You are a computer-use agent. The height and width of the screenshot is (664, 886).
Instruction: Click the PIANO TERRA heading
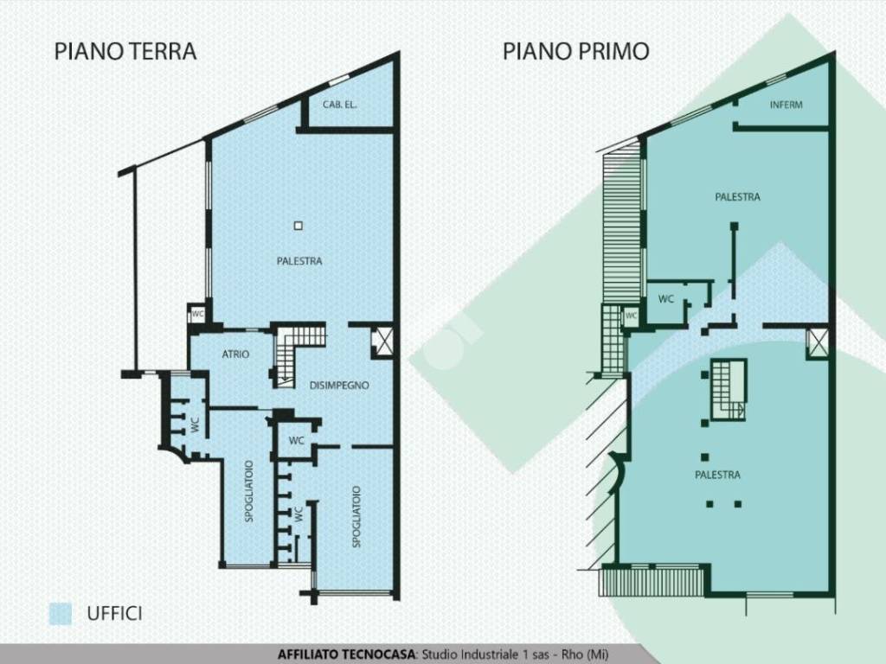pyautogui.click(x=125, y=51)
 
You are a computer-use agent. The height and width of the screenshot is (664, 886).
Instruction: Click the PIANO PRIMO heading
pyautogui.click(x=575, y=51)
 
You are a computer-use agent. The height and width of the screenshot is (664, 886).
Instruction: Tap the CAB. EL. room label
pyautogui.click(x=340, y=105)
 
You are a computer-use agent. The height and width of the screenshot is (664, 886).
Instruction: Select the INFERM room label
pyautogui.click(x=786, y=105)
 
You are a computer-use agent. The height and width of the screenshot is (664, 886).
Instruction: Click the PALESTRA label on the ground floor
pyautogui.click(x=300, y=261)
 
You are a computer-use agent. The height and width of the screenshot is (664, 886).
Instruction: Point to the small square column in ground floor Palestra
pyautogui.click(x=298, y=226)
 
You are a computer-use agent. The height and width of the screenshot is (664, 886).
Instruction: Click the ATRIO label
pyautogui.click(x=235, y=354)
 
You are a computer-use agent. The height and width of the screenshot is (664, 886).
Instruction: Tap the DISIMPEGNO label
pyautogui.click(x=340, y=386)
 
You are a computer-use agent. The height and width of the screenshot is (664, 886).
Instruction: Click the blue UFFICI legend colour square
pyautogui.click(x=61, y=614)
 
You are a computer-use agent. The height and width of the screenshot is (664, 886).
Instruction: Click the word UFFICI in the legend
pyautogui.click(x=114, y=614)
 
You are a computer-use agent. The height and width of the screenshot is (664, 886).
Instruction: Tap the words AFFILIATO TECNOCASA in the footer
pyautogui.click(x=347, y=654)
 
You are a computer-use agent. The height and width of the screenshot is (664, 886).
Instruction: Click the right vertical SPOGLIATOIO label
pyautogui.click(x=356, y=516)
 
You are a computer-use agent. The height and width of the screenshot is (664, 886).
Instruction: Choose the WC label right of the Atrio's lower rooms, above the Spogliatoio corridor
pyautogui.click(x=297, y=440)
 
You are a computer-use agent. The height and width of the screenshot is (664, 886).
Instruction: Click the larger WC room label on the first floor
pyautogui.click(x=666, y=299)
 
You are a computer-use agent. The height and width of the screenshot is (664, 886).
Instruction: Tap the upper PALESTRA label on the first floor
pyautogui.click(x=737, y=197)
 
